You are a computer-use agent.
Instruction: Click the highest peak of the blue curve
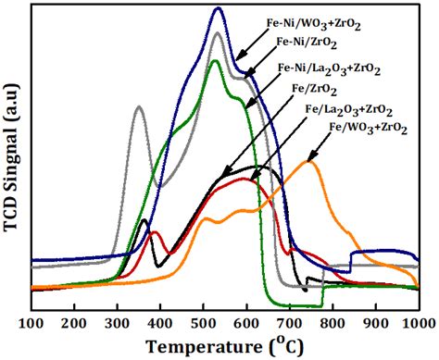pyautogui.click(x=218, y=8)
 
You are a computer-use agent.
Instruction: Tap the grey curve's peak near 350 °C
pyautogui.click(x=139, y=107)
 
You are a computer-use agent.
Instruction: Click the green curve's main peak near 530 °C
pyautogui.click(x=214, y=61)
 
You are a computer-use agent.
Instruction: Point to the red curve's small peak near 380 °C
pyautogui.click(x=153, y=232)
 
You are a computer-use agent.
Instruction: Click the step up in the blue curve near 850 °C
pyautogui.click(x=350, y=256)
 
